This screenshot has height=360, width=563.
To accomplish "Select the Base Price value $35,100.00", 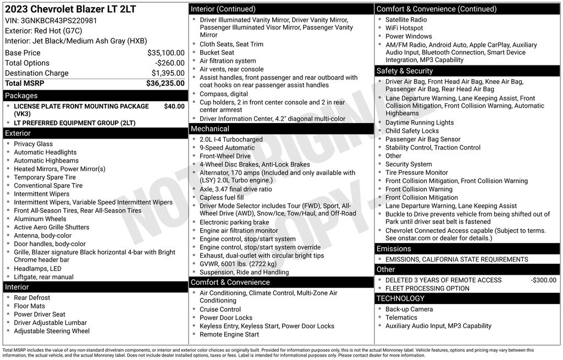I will tap(166, 53).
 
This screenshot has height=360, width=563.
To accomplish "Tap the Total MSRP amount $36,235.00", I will tap(165, 83).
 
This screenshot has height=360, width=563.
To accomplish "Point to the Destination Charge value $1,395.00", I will tap(168, 73).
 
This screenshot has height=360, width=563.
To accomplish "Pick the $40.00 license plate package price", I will tap(174, 106).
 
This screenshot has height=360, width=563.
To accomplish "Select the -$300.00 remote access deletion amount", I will tap(544, 280).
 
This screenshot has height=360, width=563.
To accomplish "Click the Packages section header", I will tap(21, 96).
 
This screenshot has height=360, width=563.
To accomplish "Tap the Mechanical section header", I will tap(210, 129).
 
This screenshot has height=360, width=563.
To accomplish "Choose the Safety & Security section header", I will tap(405, 71).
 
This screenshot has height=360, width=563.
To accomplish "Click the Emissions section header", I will tap(394, 248).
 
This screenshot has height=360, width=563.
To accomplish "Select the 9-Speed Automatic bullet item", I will tap(227, 148).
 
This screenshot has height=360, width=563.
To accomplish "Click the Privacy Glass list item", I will tap(34, 144).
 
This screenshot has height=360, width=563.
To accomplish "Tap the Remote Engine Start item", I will tap(229, 334).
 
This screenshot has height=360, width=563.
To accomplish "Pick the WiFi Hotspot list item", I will tap(404, 28).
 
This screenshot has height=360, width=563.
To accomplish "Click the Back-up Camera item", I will tap(409, 309).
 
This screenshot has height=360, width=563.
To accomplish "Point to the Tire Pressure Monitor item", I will tap(417, 173).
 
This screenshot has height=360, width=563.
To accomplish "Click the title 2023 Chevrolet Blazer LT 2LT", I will tap(70, 9).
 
